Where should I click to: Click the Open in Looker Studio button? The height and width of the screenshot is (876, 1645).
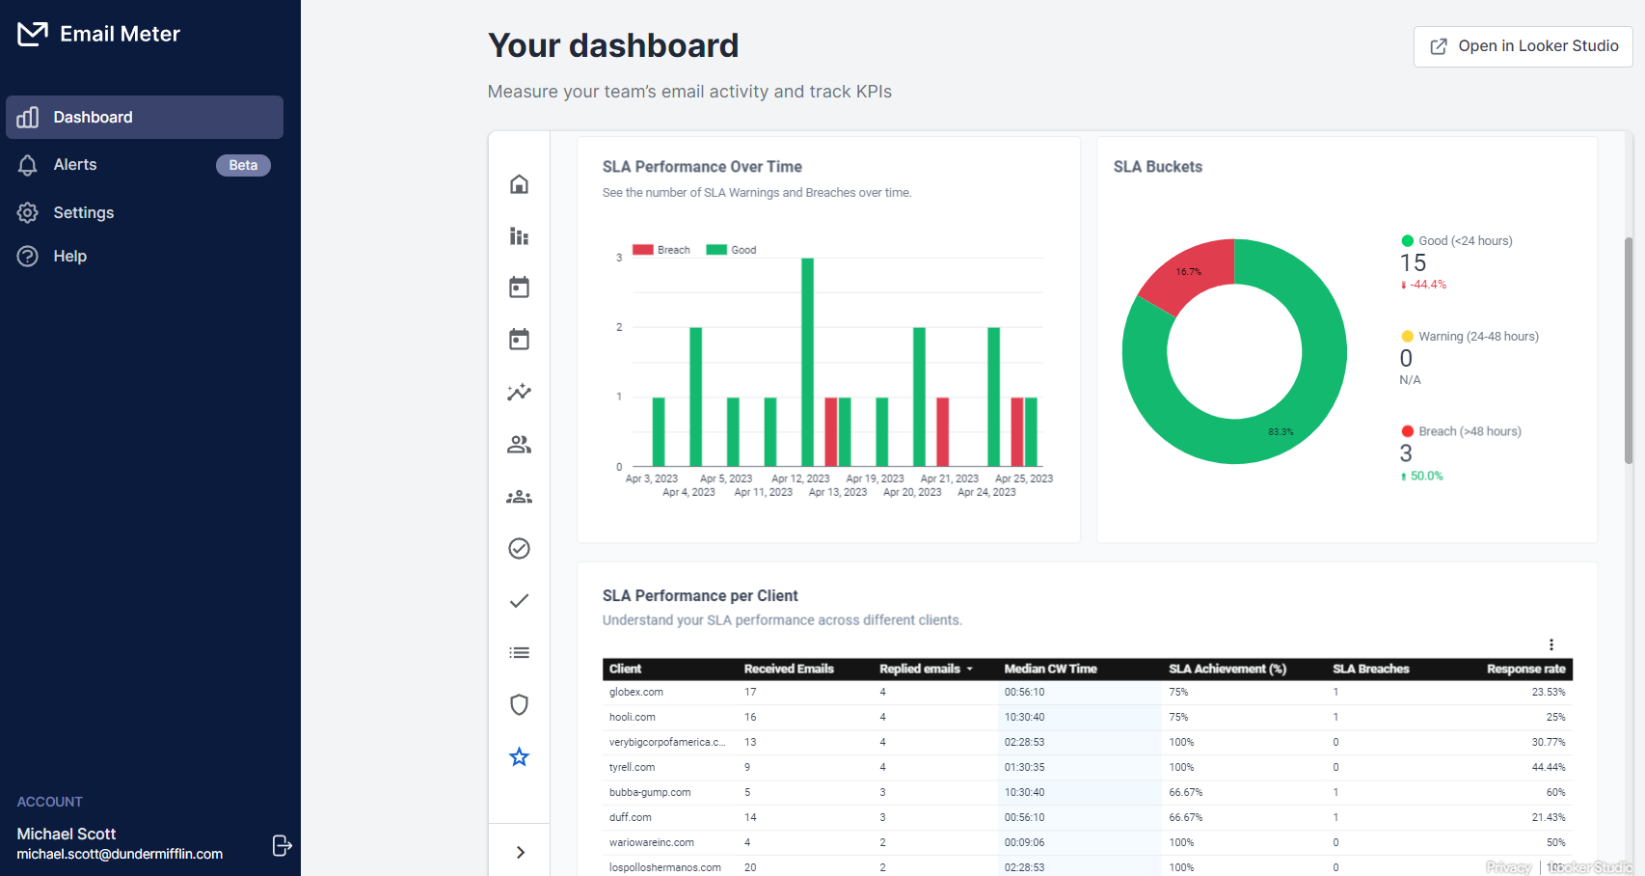(x=1523, y=46)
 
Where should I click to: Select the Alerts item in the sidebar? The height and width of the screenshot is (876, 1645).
(x=75, y=165)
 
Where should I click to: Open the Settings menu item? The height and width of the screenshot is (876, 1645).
(x=83, y=213)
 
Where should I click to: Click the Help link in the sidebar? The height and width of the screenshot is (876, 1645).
(x=69, y=257)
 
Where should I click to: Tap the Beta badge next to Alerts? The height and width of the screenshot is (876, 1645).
(x=243, y=165)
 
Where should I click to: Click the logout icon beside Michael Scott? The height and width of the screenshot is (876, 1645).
(x=282, y=846)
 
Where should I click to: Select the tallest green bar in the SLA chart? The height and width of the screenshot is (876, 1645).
(x=807, y=362)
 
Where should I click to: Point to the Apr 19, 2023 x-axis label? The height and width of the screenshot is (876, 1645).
(x=875, y=479)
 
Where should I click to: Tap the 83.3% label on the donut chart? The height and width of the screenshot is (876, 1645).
(x=1281, y=432)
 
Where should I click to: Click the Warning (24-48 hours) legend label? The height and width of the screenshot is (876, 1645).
(x=1477, y=337)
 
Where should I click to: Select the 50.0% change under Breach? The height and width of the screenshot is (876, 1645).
(x=1426, y=477)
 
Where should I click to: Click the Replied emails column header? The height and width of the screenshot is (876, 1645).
(x=920, y=669)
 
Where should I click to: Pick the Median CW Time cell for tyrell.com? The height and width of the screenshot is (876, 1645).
(x=1024, y=768)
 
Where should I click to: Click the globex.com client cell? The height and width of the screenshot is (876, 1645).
(x=636, y=693)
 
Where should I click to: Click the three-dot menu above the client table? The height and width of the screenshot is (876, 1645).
(x=1551, y=644)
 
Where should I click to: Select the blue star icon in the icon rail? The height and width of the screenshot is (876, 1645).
(x=519, y=757)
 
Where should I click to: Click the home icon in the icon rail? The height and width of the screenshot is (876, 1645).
(x=519, y=184)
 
